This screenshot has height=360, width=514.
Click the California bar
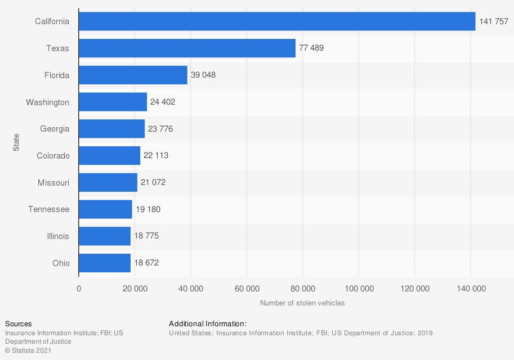(x=277, y=21)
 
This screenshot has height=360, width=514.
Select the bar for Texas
(x=187, y=48)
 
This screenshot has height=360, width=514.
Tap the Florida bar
(x=133, y=75)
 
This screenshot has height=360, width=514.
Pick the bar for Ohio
(x=105, y=263)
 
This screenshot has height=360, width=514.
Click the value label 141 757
(x=494, y=21)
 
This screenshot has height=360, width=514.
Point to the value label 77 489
(x=311, y=48)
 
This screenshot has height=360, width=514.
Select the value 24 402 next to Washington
(x=163, y=102)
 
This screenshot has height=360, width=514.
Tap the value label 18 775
(x=146, y=236)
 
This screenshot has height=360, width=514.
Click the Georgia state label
(x=55, y=129)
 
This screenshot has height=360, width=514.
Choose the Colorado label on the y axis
(x=53, y=155)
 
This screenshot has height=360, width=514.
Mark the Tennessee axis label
(x=49, y=209)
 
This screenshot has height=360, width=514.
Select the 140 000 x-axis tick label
(x=471, y=289)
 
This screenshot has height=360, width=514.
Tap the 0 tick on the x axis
(x=79, y=289)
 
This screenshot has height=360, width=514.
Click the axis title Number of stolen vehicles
(x=302, y=303)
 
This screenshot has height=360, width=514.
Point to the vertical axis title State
(x=16, y=142)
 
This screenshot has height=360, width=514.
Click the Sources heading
(x=18, y=324)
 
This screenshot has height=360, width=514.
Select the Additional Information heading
(x=208, y=324)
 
